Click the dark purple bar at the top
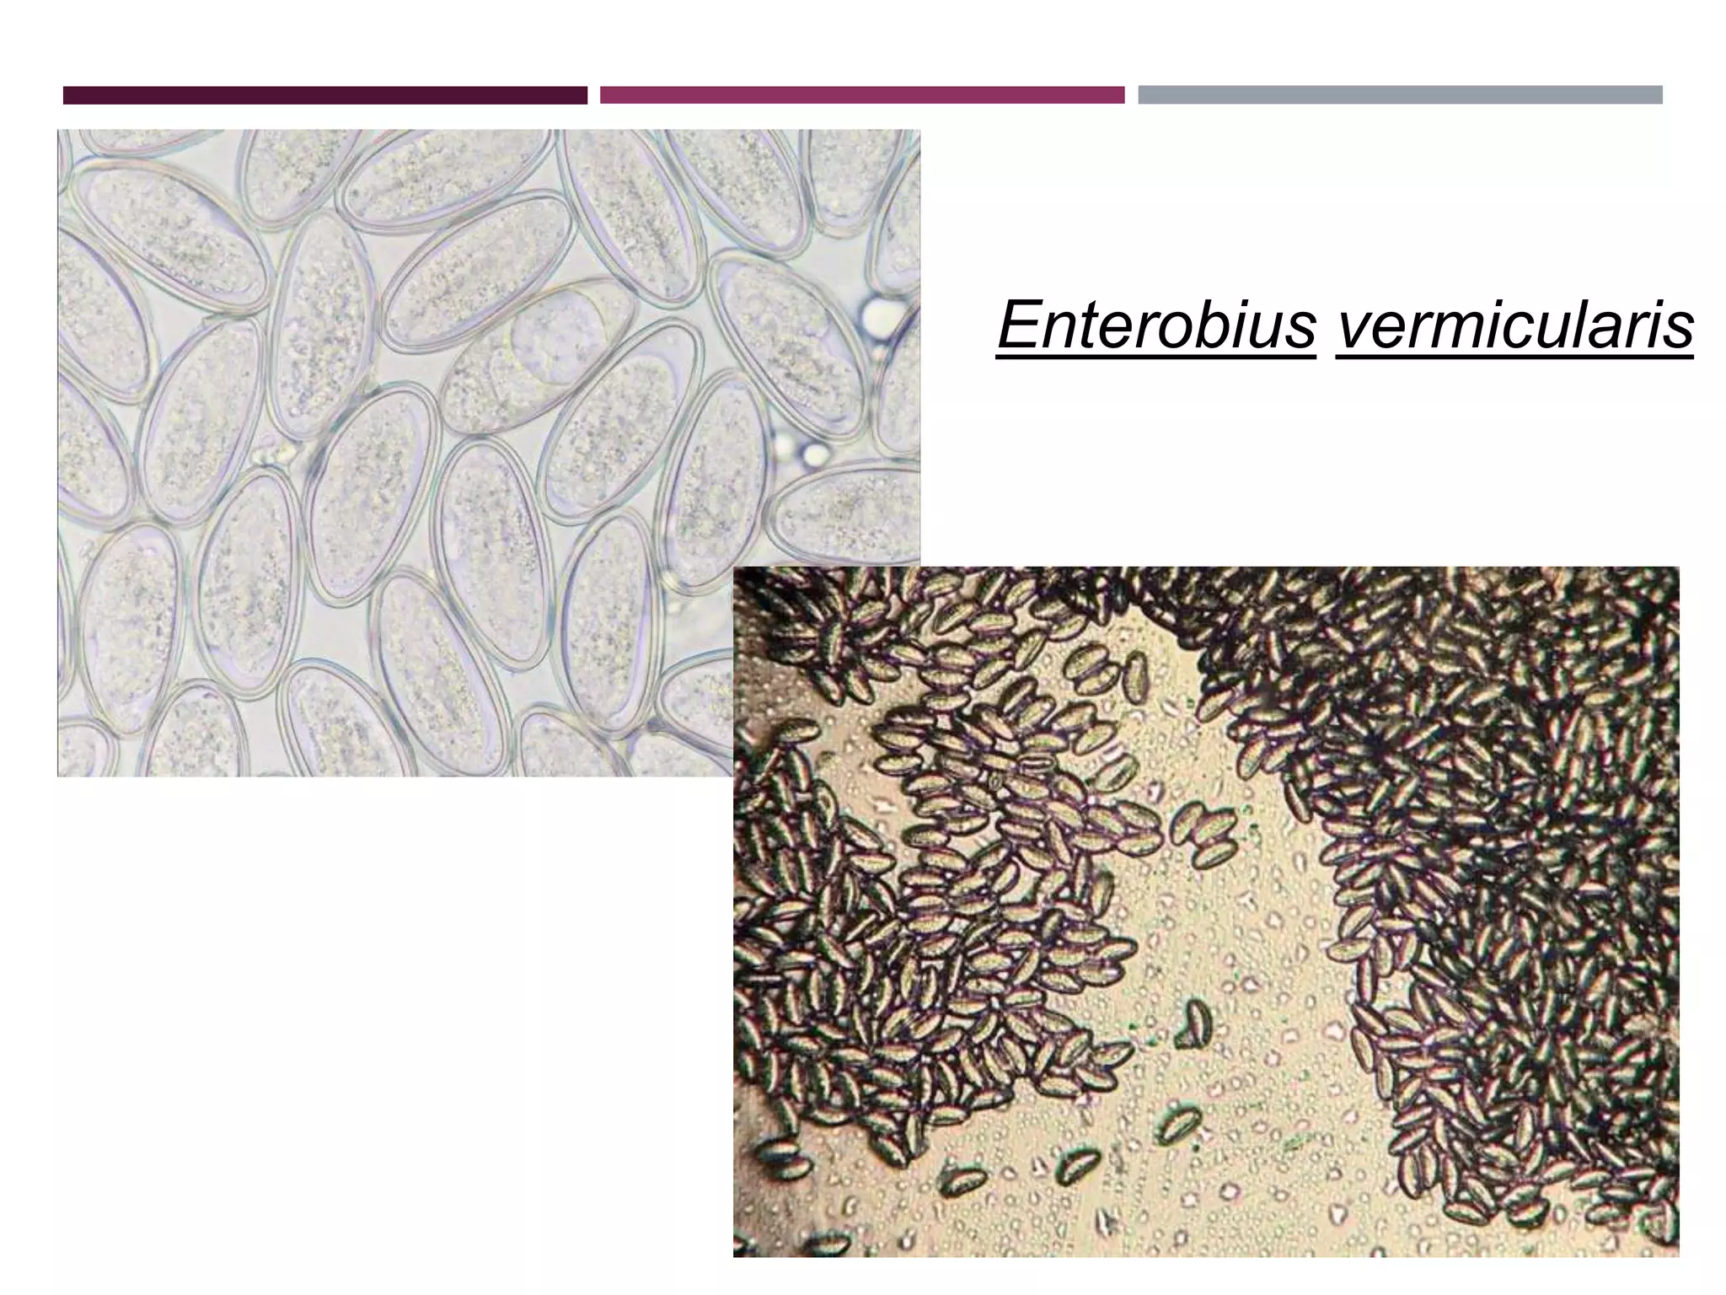(x=324, y=95)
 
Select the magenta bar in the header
(x=861, y=95)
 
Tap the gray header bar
(x=1400, y=95)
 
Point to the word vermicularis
(x=1514, y=327)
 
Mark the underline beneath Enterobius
(x=1155, y=357)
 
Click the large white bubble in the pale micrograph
(x=881, y=314)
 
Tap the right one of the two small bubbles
(x=814, y=455)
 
